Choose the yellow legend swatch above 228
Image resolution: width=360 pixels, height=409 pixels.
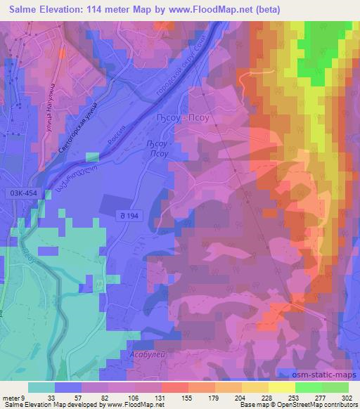(257, 387)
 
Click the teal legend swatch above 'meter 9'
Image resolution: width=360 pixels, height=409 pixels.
(41, 387)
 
